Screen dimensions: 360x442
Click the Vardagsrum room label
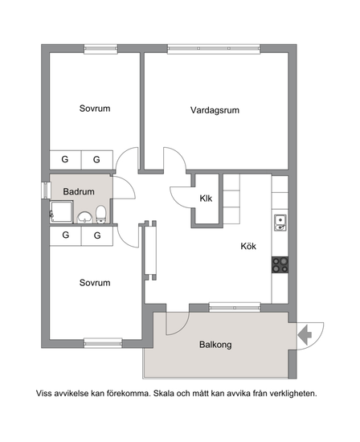[x=215, y=110]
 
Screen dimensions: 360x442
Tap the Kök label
[x=248, y=246]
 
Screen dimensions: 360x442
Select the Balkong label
[x=215, y=345]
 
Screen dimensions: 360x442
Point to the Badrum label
[x=79, y=192]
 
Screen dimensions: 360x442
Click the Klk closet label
[x=206, y=198]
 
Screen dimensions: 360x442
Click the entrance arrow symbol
[x=305, y=334]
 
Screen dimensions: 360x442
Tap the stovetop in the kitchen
[x=280, y=264]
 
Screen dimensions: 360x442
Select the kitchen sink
[x=280, y=223]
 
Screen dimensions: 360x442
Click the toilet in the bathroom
[x=100, y=215]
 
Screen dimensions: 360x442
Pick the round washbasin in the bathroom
[x=85, y=218]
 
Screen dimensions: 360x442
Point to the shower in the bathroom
[x=61, y=212]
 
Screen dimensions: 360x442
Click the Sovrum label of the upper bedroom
[x=95, y=108]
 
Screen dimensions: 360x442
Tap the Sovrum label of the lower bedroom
[x=95, y=283]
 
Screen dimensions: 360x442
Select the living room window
[x=214, y=48]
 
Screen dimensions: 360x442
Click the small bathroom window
[x=45, y=190]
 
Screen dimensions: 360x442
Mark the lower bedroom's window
[x=103, y=343]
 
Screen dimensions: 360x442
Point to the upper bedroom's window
[x=100, y=48]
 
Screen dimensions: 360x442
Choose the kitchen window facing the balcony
[x=235, y=308]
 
